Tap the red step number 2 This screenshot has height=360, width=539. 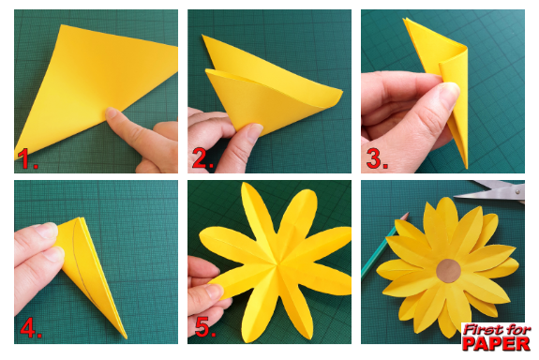(202, 158)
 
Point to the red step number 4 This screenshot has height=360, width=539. (30, 327)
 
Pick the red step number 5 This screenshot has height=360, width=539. (205, 327)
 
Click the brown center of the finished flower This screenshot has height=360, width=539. (449, 271)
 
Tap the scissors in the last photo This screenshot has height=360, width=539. (491, 191)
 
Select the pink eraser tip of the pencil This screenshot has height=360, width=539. (406, 216)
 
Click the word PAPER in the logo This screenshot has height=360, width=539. (496, 343)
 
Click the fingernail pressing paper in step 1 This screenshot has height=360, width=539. (111, 112)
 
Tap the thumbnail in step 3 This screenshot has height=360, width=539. (451, 90)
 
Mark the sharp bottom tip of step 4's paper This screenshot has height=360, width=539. (127, 338)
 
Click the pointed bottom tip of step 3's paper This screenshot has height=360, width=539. (467, 168)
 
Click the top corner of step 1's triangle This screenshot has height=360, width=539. (62, 25)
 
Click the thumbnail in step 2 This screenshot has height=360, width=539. (255, 131)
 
